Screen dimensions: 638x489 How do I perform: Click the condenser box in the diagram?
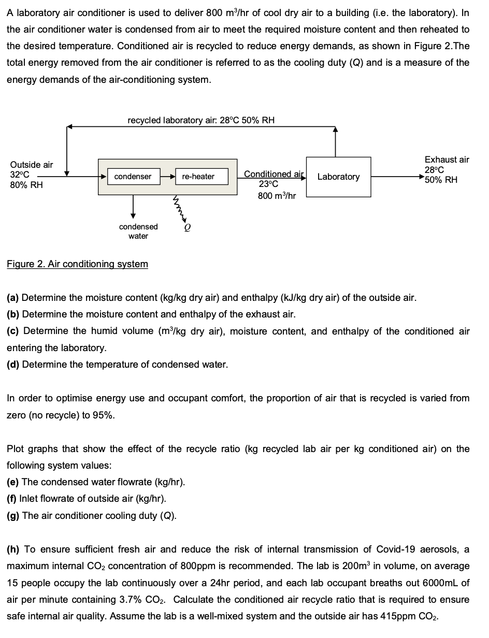pos(133,177)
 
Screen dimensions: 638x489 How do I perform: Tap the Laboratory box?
pos(338,177)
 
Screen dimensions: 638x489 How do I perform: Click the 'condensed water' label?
pos(138,231)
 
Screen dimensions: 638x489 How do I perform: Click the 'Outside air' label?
pos(32,165)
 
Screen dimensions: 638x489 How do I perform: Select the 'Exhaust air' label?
pos(447,160)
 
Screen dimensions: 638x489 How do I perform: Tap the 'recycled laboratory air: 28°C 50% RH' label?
pos(201,120)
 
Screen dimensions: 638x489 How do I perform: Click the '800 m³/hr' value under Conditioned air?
pos(277,196)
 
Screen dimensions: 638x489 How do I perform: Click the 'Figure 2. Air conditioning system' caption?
pos(77,264)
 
